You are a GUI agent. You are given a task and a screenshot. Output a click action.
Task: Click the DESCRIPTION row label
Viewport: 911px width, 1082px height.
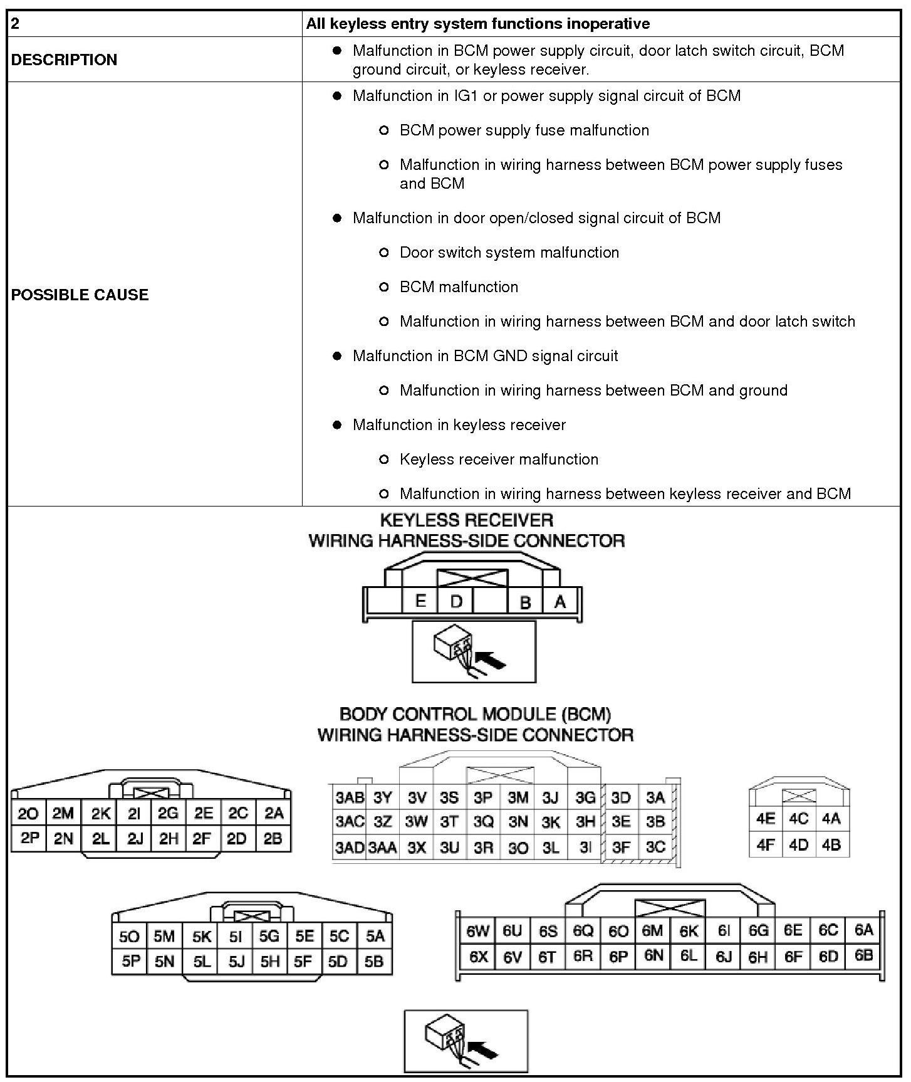64,60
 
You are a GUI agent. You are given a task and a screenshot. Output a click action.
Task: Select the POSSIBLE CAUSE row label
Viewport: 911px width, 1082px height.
80,295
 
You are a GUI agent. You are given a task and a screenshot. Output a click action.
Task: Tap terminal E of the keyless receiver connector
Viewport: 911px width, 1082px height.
420,601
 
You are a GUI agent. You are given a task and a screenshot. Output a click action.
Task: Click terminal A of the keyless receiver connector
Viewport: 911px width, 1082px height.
560,602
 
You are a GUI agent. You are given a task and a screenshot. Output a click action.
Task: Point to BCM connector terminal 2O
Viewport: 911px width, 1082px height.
28,814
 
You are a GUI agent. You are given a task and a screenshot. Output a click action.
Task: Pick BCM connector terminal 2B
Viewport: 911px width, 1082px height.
273,839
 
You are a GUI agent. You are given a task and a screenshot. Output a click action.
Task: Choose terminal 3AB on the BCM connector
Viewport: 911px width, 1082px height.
350,797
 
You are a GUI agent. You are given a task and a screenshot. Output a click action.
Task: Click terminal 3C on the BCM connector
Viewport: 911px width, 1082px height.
655,847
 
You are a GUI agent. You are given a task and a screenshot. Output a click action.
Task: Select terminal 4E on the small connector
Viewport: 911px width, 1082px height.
766,819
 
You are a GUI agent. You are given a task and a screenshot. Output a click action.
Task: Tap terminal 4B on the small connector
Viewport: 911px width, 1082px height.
831,844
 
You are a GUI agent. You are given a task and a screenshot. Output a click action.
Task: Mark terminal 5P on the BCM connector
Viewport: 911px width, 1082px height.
130,961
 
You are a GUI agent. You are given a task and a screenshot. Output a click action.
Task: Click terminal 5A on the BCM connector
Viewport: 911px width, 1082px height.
375,936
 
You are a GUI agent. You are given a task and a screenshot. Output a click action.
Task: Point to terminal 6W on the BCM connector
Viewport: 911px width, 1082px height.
477,931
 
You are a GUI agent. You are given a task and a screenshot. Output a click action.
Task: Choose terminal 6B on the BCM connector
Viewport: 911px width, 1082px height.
863,955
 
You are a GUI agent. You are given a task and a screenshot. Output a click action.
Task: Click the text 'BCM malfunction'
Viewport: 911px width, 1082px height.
459,287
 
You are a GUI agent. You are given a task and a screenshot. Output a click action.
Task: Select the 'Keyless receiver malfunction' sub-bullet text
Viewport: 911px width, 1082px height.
499,460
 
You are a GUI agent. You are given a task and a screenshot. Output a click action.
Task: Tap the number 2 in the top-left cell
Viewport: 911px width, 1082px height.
15,24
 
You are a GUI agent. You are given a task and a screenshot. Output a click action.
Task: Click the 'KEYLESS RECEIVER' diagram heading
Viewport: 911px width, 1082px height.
467,520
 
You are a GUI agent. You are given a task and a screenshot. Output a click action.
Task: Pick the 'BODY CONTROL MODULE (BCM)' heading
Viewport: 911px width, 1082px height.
475,714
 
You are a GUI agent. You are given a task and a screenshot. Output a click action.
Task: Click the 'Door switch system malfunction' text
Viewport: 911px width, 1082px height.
509,253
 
